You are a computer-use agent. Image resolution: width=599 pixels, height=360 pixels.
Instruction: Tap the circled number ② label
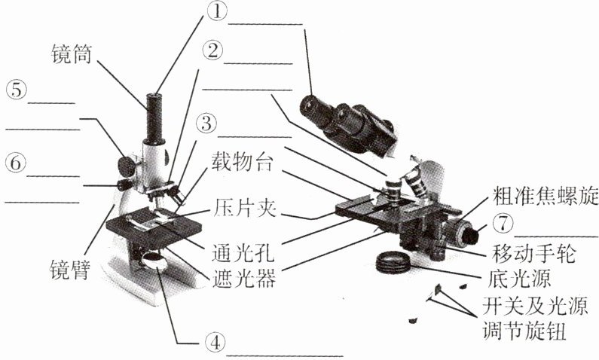(213, 51)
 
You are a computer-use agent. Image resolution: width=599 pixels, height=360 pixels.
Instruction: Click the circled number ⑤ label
(16, 90)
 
